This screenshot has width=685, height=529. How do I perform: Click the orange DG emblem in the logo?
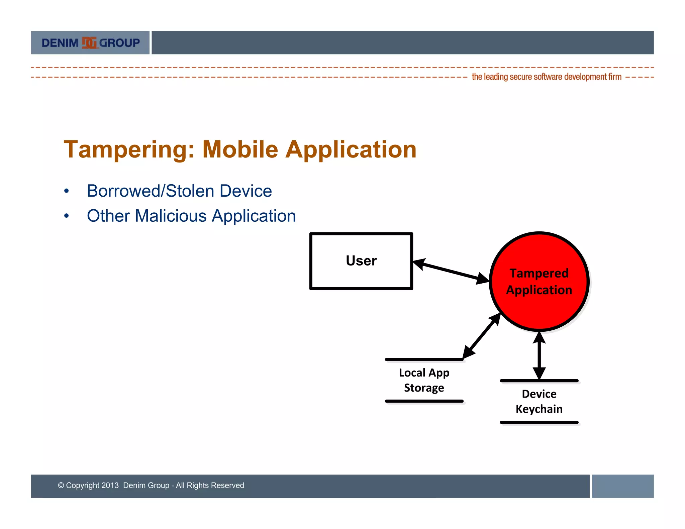89,43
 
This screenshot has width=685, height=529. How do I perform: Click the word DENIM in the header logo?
60,43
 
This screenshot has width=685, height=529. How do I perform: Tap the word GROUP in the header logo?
119,43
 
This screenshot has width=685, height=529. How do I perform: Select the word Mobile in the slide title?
240,149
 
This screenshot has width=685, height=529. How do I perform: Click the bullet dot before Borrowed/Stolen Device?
67,191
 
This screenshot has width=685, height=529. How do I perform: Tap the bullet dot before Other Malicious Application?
67,216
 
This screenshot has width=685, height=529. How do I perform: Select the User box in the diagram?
361,261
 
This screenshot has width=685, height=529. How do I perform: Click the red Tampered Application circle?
539,282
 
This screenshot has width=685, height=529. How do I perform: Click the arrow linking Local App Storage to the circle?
482,336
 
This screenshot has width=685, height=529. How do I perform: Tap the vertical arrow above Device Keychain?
539,356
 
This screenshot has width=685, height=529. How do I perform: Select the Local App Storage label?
424,380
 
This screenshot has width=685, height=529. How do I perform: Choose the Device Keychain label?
539,401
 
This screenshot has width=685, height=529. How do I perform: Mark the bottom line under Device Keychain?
539,422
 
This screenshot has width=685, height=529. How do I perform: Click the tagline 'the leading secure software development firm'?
547,77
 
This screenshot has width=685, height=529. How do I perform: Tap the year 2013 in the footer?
110,485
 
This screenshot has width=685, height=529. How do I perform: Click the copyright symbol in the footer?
61,485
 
